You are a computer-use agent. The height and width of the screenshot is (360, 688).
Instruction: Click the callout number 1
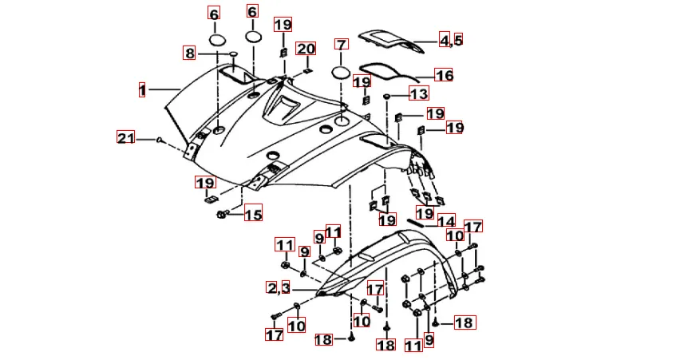142,89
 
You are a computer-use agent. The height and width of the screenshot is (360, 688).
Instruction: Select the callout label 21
126,138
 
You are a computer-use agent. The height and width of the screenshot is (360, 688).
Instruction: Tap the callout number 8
189,53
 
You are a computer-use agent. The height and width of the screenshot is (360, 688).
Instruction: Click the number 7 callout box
342,44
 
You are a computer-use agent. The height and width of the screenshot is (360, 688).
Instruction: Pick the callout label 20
306,49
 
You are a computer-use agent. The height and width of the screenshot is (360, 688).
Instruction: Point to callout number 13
419,93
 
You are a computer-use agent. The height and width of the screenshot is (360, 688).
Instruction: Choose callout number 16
444,75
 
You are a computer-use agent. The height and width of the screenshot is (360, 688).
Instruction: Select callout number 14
445,220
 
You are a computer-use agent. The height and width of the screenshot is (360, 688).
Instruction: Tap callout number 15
253,213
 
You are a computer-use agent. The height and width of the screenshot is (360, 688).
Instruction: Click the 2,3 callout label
279,287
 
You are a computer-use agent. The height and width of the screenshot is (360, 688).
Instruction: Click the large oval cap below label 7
342,72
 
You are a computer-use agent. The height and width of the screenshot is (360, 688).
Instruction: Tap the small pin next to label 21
160,140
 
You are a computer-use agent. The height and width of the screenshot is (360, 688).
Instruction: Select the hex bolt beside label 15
223,214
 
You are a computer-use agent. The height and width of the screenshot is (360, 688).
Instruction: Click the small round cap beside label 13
387,96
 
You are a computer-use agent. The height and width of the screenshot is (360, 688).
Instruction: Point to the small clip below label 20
307,71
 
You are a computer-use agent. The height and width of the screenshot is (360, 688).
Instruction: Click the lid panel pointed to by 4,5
389,42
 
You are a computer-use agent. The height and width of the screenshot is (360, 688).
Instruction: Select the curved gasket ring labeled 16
388,72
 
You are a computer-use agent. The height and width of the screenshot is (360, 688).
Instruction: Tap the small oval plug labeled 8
233,53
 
